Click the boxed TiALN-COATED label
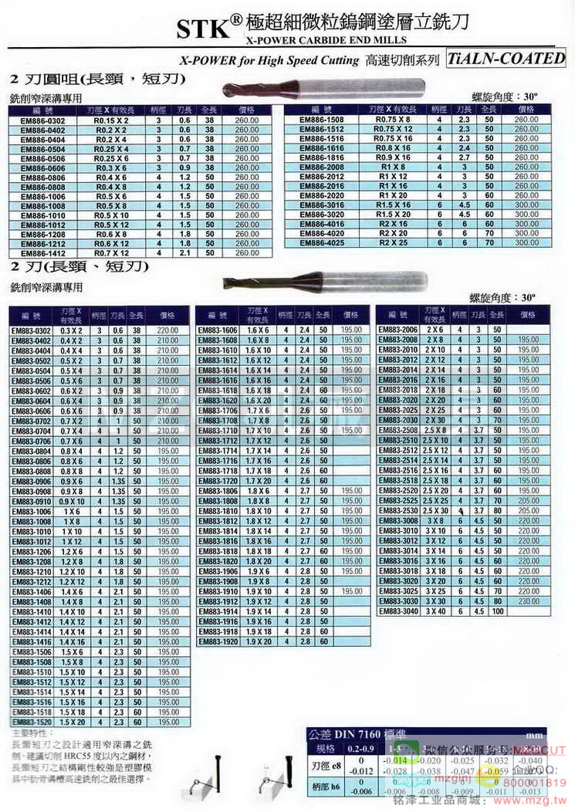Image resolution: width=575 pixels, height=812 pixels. [x=506, y=58]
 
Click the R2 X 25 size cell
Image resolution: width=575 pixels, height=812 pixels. [x=393, y=243]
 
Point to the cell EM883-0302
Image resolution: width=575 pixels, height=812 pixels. [x=32, y=330]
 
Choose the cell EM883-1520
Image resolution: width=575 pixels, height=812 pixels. [x=32, y=722]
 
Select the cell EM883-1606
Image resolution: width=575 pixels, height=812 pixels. [x=221, y=330]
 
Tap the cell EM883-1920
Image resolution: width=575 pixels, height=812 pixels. [x=221, y=641]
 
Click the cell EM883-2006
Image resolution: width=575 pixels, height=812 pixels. [x=399, y=330]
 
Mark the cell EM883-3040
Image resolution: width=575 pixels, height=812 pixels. [x=399, y=611]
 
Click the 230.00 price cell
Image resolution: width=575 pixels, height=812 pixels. [x=528, y=601]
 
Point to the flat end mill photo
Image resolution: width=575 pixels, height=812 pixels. [x=324, y=281]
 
